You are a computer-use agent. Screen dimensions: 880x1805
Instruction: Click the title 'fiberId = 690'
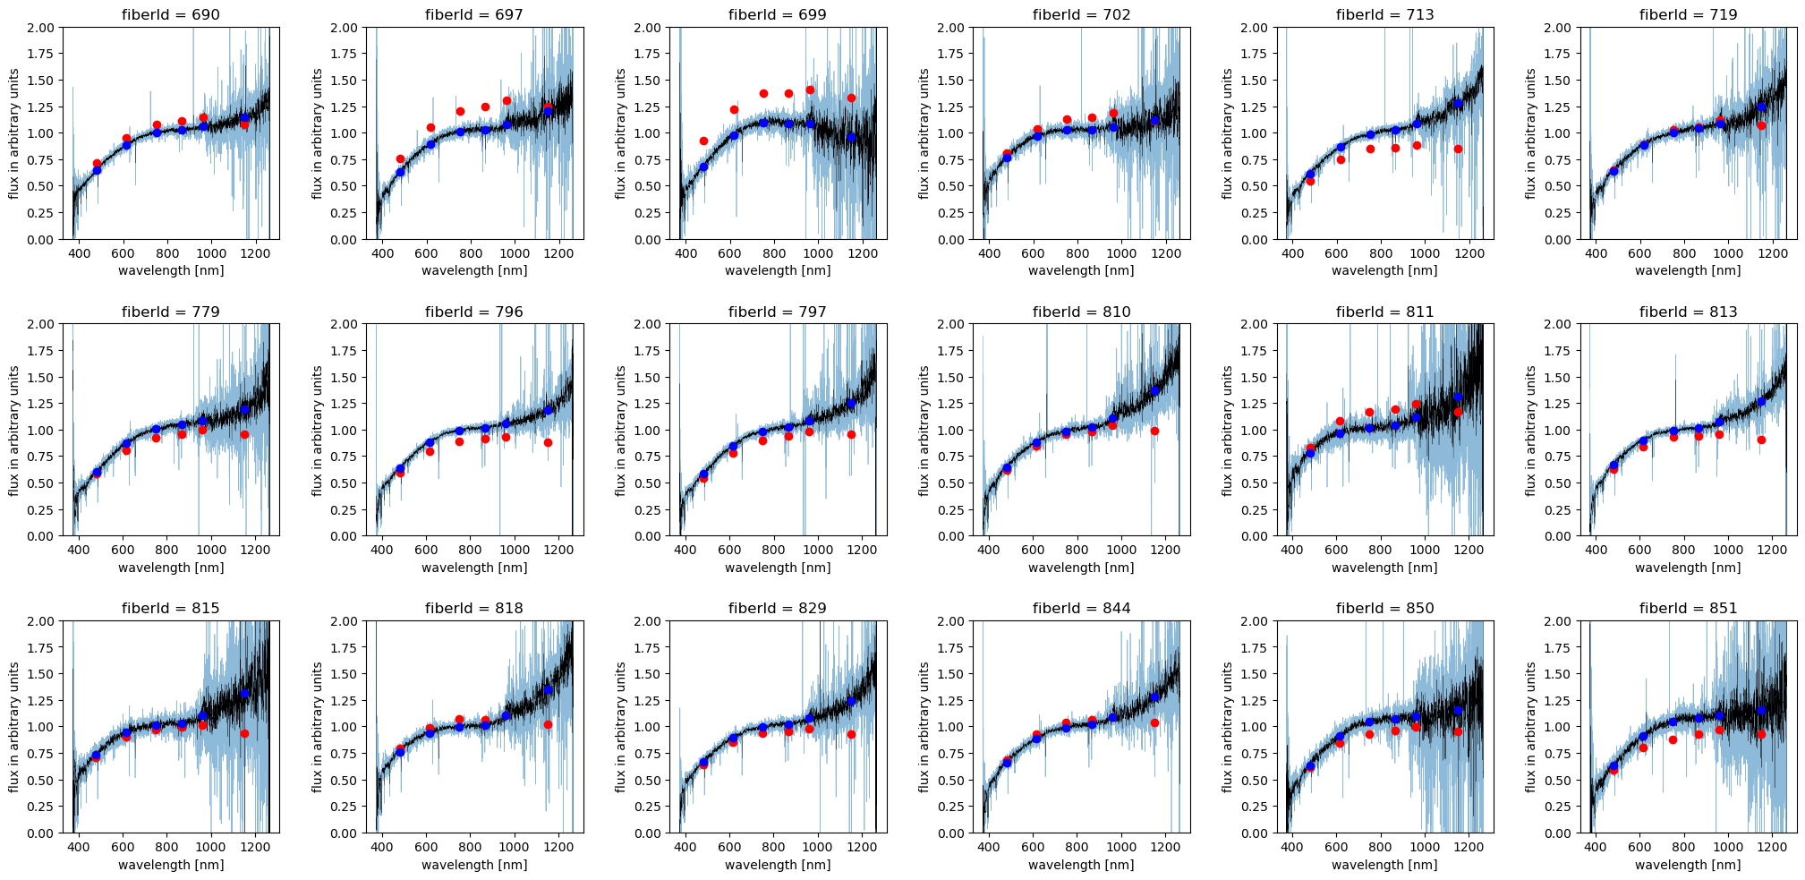171,14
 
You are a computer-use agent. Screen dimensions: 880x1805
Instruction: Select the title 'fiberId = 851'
1688,608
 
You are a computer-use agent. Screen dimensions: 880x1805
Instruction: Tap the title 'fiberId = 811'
1384,312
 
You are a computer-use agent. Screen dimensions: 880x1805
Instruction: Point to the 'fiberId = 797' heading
778,312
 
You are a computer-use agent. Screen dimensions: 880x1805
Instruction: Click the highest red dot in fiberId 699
810,90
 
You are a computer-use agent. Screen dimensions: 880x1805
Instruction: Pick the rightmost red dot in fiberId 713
1458,149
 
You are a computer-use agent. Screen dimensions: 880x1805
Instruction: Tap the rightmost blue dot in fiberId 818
548,689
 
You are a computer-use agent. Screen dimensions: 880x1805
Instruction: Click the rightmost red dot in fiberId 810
1154,431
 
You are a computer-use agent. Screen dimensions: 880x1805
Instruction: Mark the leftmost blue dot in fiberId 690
97,169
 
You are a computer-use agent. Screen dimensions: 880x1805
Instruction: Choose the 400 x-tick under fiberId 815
79,847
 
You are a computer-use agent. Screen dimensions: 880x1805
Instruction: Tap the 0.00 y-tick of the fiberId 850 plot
1255,833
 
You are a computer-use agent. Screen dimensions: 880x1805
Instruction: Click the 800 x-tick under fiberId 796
471,550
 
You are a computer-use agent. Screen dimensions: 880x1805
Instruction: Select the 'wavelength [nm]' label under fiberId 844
1081,865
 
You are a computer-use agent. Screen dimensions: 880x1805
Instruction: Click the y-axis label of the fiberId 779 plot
14,431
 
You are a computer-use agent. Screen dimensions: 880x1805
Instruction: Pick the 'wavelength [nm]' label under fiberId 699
778,270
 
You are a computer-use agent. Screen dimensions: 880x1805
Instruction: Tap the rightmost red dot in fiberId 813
1761,440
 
